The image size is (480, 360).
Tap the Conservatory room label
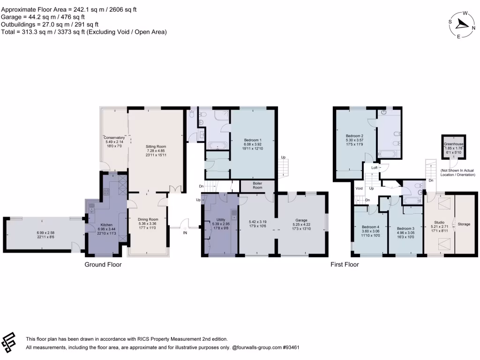click(x=114, y=137)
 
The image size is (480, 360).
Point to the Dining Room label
click(x=148, y=219)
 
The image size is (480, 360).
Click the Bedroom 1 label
click(x=253, y=140)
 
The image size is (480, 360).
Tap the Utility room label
click(x=221, y=220)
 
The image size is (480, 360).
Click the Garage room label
click(x=301, y=220)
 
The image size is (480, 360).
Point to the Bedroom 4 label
click(x=371, y=227)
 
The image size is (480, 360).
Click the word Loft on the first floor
click(x=375, y=167)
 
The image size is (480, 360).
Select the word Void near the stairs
click(x=359, y=188)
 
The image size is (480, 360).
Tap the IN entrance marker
click(x=185, y=232)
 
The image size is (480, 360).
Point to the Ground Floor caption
click(x=103, y=265)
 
